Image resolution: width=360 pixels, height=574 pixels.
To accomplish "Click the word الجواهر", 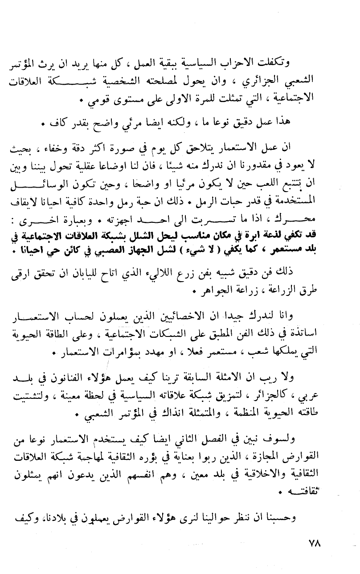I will (211, 293).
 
